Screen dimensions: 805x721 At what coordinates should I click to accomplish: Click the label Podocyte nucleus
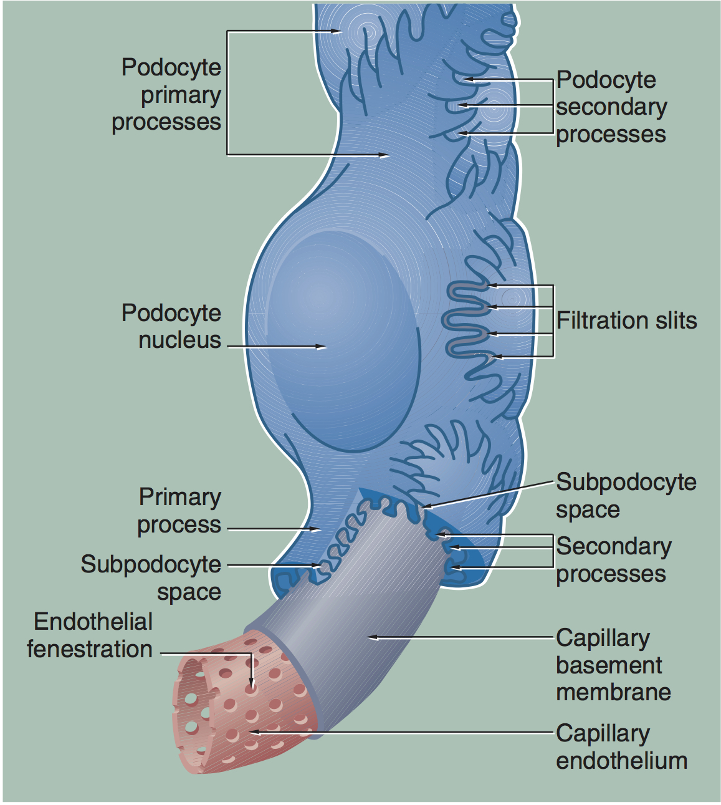click(x=171, y=326)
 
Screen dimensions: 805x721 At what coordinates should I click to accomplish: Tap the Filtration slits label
click(x=626, y=321)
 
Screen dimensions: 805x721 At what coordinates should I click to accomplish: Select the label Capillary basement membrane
click(x=613, y=665)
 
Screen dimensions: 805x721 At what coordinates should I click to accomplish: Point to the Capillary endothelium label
click(x=621, y=747)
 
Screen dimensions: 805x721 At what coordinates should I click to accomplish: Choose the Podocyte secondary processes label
click(x=611, y=107)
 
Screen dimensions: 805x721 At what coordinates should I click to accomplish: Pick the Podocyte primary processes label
click(x=167, y=94)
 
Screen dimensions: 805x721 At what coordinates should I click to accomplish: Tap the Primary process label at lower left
click(x=179, y=511)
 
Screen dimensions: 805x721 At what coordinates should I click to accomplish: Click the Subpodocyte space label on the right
click(x=626, y=496)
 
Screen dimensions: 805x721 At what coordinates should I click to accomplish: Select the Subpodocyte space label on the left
click(x=151, y=577)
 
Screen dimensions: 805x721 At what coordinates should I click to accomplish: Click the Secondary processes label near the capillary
click(x=613, y=559)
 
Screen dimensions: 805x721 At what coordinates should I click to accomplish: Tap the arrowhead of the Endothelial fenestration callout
click(x=251, y=687)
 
